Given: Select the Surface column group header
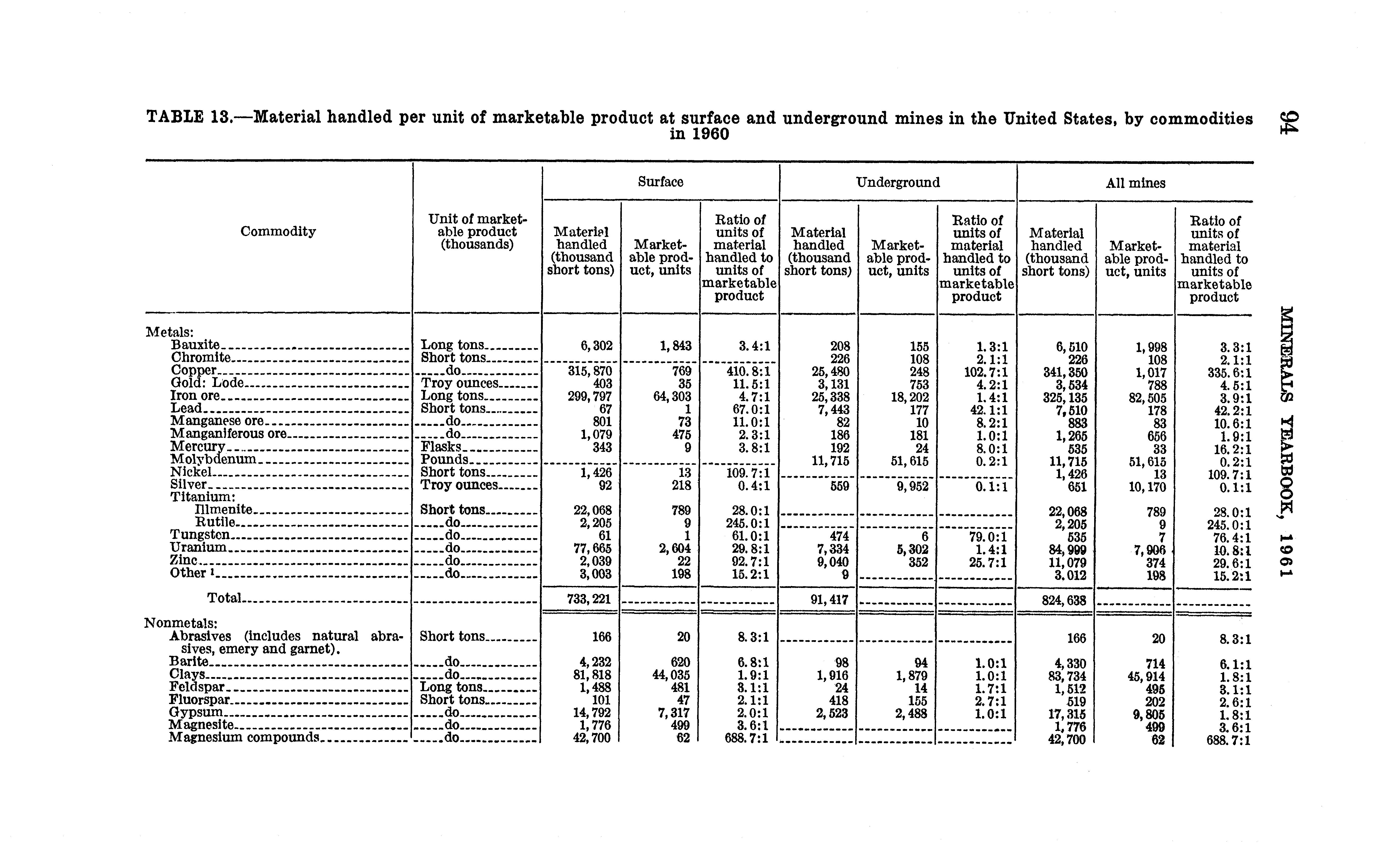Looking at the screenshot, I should (x=660, y=182).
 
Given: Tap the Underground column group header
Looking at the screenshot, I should (x=897, y=183).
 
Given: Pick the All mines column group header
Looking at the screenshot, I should (x=1135, y=183).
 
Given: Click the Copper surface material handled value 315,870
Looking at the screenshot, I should (x=590, y=372).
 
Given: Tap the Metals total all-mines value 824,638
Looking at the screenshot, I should (x=1064, y=600).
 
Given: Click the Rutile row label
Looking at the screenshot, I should (x=215, y=523).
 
